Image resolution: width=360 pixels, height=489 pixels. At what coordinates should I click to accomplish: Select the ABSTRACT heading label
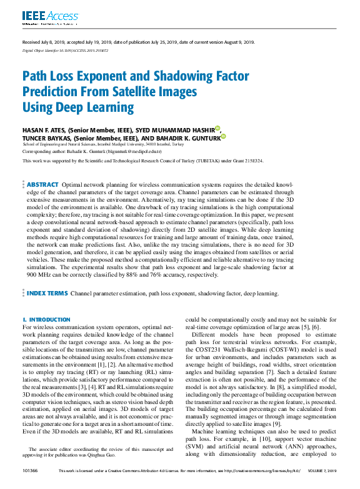42,185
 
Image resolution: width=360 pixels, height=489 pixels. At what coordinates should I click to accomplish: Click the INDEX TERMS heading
47,293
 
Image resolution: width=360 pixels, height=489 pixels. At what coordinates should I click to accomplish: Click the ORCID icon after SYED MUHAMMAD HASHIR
217,129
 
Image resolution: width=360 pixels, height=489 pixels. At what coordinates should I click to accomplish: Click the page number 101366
29,471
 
